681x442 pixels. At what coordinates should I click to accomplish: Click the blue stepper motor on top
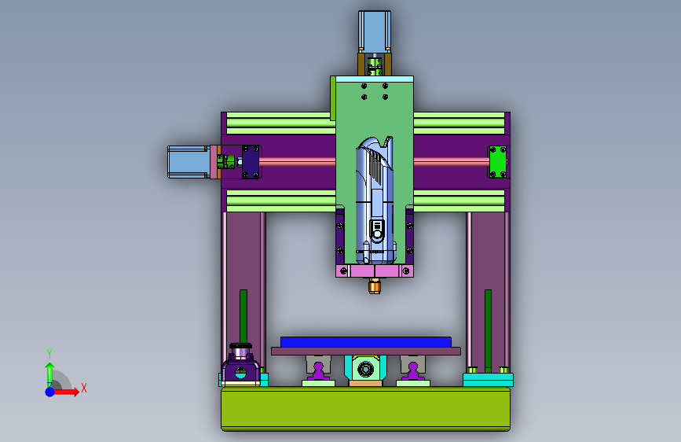pyautogui.click(x=375, y=31)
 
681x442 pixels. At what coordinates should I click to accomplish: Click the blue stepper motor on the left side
pyautogui.click(x=189, y=162)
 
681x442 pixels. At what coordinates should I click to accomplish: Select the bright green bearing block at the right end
pyautogui.click(x=498, y=162)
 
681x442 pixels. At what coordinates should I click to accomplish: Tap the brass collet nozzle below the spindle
pyautogui.click(x=375, y=287)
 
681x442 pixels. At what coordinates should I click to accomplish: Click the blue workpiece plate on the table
pyautogui.click(x=366, y=342)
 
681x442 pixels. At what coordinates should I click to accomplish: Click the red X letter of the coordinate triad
pyautogui.click(x=84, y=388)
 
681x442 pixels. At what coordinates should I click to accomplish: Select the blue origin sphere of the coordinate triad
pyautogui.click(x=50, y=392)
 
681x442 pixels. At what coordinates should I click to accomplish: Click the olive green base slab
pyautogui.click(x=366, y=409)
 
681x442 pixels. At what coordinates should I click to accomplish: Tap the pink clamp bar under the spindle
pyautogui.click(x=375, y=271)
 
